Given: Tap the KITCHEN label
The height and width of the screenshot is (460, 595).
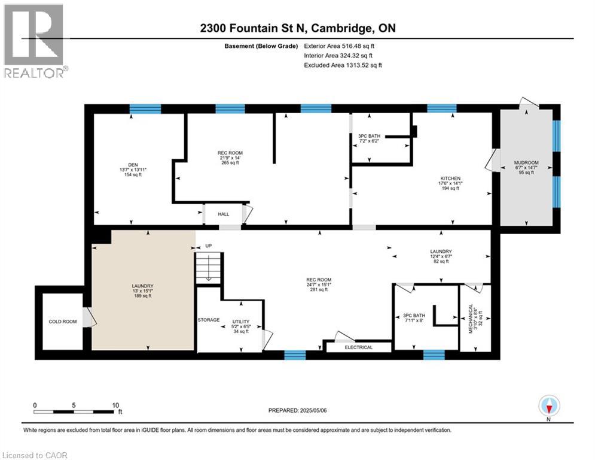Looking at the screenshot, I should pyautogui.click(x=451, y=178).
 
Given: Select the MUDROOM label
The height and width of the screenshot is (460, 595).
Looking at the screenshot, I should pyautogui.click(x=526, y=162).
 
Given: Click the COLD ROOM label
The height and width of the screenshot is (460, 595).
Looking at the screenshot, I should pyautogui.click(x=62, y=322).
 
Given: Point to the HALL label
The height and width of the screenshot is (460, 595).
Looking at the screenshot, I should pyautogui.click(x=223, y=214).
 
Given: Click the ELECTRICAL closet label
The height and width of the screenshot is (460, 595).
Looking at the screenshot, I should pyautogui.click(x=358, y=347).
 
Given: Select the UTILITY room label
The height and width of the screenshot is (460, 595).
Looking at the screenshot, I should pyautogui.click(x=240, y=322).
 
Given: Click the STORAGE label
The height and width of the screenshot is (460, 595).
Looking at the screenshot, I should pyautogui.click(x=209, y=320).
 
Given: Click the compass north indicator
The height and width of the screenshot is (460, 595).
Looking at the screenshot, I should pyautogui.click(x=548, y=407).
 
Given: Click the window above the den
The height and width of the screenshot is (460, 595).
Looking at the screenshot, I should pyautogui.click(x=145, y=108).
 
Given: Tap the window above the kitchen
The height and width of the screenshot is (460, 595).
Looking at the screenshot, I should pyautogui.click(x=442, y=108).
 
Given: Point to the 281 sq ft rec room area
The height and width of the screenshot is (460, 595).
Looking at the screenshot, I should pyautogui.click(x=318, y=289).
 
